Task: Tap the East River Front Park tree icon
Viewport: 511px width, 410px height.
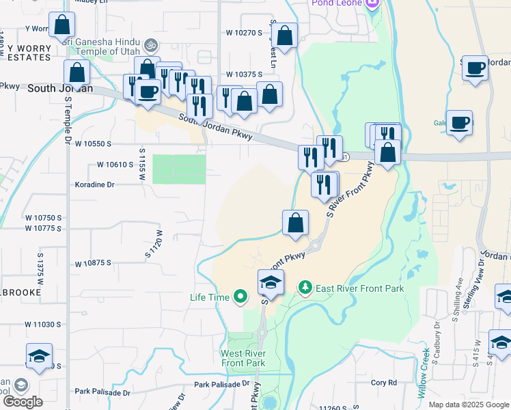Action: click(305, 288)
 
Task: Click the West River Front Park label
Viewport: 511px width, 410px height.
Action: click(243, 358)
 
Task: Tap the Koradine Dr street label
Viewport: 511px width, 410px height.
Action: click(95, 184)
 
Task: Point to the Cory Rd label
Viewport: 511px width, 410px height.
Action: click(383, 383)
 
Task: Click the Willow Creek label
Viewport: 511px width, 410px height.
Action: click(425, 374)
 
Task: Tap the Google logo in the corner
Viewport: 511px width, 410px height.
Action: click(22, 401)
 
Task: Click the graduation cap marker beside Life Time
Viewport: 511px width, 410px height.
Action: click(271, 282)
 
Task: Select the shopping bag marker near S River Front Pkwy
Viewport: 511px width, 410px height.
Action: click(296, 223)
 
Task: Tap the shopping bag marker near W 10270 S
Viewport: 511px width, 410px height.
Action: click(286, 36)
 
